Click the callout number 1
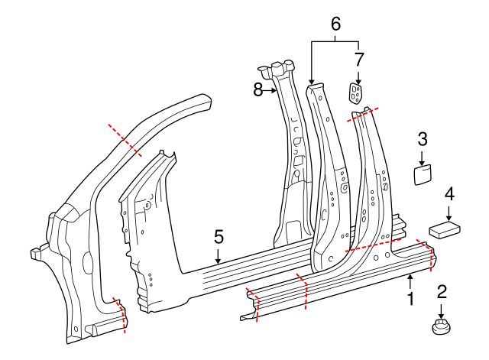pyautogui.click(x=410, y=299)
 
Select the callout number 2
pyautogui.click(x=441, y=291)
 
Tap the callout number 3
pyautogui.click(x=423, y=138)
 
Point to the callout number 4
pyautogui.click(x=449, y=194)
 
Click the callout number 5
pyautogui.click(x=219, y=237)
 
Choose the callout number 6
pyautogui.click(x=335, y=24)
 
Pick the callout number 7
pyautogui.click(x=358, y=58)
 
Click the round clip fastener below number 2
pyautogui.click(x=441, y=328)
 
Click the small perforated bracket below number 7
pyautogui.click(x=355, y=93)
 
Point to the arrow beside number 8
pyautogui.click(x=270, y=90)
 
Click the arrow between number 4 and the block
pyautogui.click(x=449, y=212)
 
